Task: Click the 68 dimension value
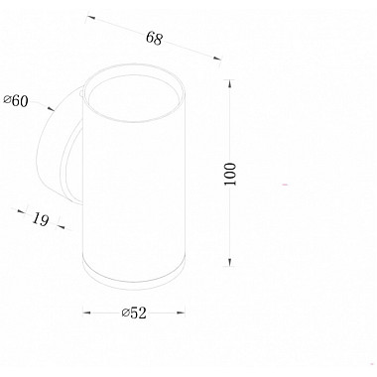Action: pos(155,38)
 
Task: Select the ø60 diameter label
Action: pos(16,101)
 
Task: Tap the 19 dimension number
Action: pos(41,219)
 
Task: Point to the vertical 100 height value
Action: pos(230,174)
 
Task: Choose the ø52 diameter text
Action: pos(134,313)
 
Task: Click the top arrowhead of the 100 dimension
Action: pos(230,84)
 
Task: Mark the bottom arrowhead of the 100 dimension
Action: pos(230,262)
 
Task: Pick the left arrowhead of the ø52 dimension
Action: pos(86,313)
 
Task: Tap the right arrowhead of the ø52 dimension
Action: pos(181,313)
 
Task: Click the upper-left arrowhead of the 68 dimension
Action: pos(91,18)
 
